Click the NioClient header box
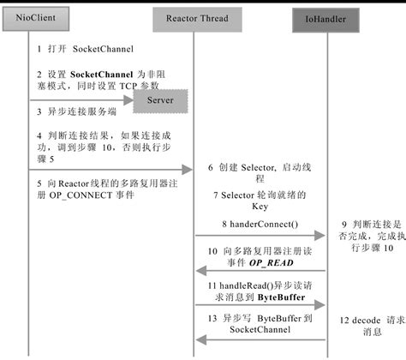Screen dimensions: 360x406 point(28,15)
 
